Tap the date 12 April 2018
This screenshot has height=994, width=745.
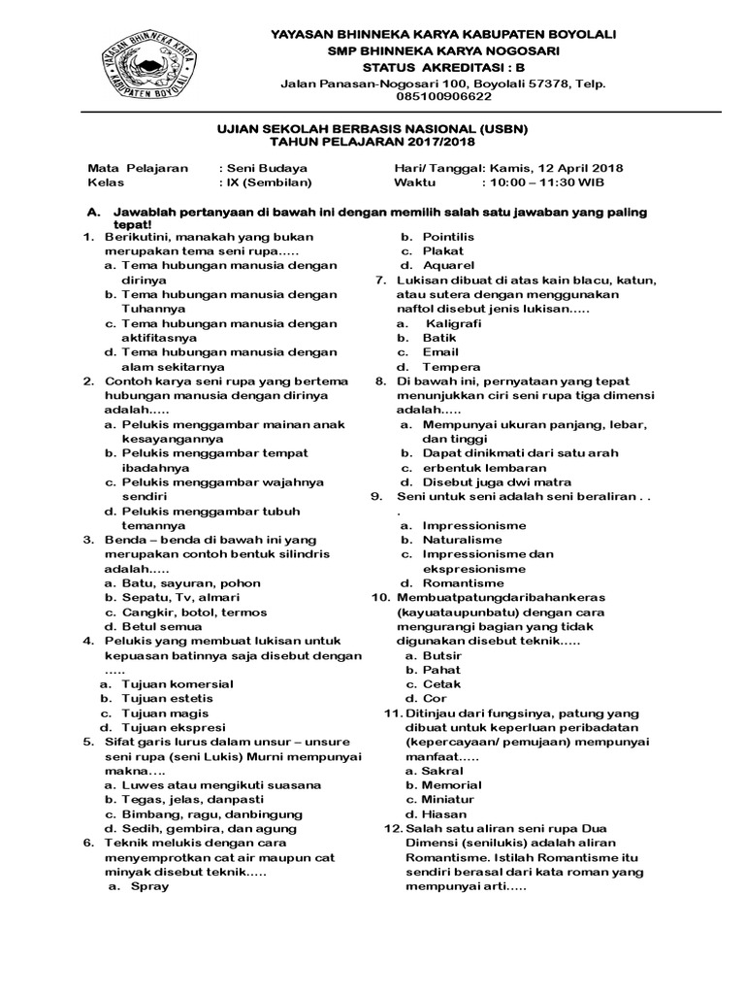point(572,167)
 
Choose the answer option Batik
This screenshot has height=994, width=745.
point(438,338)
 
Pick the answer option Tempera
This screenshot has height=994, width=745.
point(451,367)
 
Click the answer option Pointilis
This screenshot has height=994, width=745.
point(447,236)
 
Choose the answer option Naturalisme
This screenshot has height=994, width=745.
point(462,540)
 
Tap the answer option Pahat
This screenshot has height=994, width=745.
point(441,670)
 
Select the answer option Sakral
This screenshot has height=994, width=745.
point(443,771)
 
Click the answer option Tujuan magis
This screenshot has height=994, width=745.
point(166,712)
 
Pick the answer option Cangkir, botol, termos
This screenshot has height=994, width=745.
point(187,613)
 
